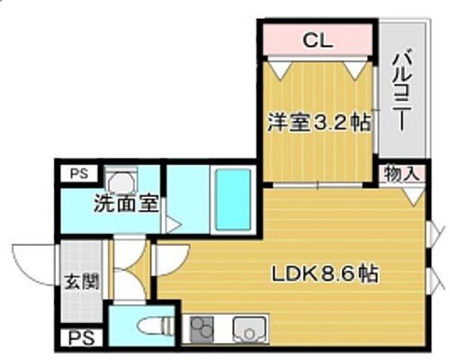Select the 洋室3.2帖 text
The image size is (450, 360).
318,121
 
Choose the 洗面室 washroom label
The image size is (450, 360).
126,203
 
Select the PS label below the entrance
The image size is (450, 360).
78,338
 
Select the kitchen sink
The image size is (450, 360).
246,329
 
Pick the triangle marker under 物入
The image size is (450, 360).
411,193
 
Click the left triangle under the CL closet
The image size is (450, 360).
282,67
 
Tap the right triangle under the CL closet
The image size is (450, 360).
357,67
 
